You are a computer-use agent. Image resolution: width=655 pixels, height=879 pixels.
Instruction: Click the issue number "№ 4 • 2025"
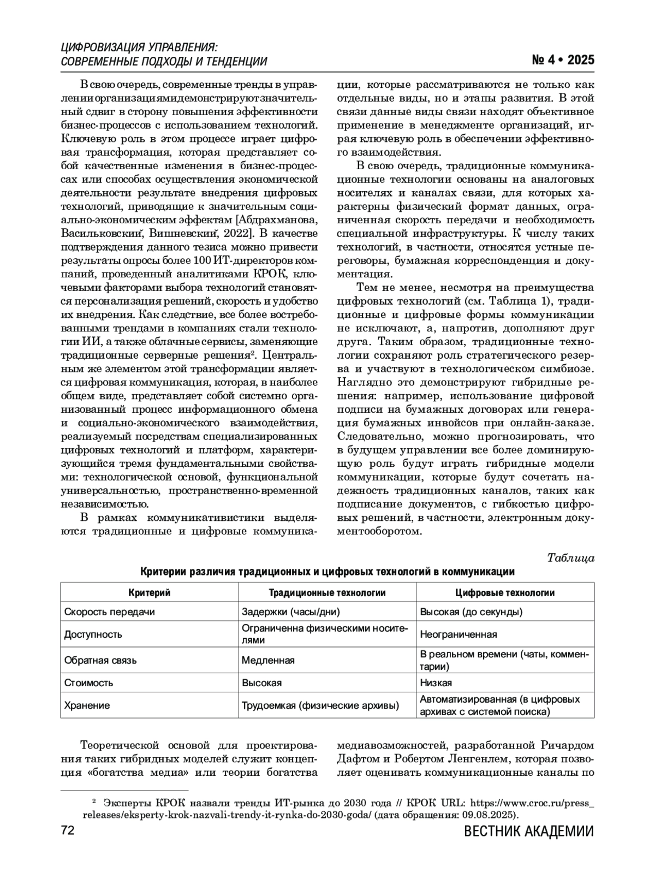[563, 60]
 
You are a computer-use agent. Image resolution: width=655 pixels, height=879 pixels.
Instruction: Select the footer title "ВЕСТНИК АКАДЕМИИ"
[528, 832]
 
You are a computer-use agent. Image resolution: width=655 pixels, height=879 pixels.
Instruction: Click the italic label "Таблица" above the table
[570, 557]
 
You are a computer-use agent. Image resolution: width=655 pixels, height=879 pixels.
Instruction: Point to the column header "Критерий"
[149, 592]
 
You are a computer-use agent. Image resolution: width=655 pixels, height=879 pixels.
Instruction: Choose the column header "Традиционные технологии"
[327, 592]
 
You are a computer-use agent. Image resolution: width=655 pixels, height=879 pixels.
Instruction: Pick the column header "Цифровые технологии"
[505, 592]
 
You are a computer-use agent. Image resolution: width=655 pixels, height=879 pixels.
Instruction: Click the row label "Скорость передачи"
[109, 611]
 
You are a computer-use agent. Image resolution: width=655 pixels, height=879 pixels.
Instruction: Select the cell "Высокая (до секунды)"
[471, 611]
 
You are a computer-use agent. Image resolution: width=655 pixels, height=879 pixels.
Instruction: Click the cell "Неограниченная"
[458, 634]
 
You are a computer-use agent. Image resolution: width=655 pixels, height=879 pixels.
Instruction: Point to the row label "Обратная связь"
[100, 660]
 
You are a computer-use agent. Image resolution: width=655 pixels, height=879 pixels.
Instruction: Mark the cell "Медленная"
[268, 660]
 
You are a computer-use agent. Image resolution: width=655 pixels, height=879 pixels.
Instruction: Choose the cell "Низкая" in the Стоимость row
[436, 682]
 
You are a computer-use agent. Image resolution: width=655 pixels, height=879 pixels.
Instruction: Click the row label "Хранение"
[87, 705]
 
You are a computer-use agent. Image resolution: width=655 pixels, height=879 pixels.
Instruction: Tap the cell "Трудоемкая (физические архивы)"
[320, 705]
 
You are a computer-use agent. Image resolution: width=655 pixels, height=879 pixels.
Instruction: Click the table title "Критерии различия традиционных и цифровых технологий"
[327, 572]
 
